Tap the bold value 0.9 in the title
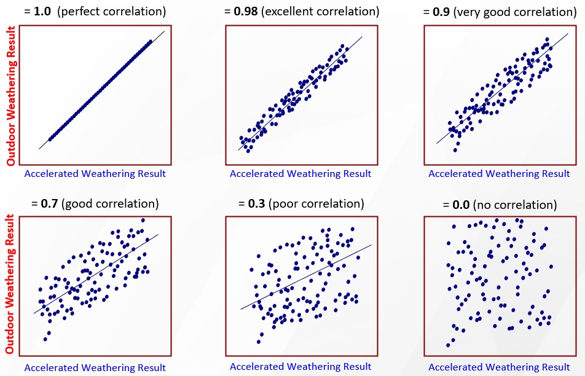[442, 11]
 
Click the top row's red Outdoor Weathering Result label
[10, 104]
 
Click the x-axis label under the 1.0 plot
[95, 173]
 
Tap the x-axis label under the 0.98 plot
[300, 173]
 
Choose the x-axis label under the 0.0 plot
[499, 367]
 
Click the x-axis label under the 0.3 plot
[300, 366]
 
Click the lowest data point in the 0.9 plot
[455, 150]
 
